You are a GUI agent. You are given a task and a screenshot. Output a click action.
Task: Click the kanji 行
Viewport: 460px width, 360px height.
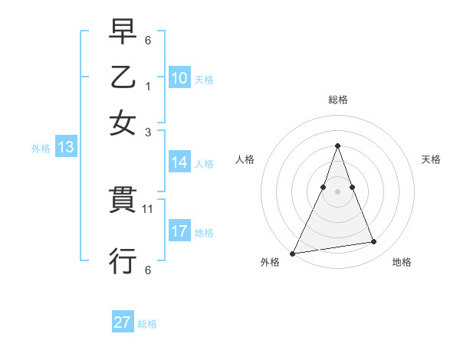click(123, 260)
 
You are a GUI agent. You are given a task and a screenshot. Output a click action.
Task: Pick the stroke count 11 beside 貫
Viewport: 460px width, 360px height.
click(148, 208)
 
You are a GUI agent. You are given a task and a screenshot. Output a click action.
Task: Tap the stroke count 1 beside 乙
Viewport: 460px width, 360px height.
click(148, 87)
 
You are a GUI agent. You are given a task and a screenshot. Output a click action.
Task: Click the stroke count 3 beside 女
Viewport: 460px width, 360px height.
click(148, 132)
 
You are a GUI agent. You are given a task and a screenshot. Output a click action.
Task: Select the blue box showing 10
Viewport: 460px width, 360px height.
click(179, 77)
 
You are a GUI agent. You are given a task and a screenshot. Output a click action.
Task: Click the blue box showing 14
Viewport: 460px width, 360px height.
click(179, 162)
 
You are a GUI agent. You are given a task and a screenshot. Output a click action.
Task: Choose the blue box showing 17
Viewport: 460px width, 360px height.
click(179, 231)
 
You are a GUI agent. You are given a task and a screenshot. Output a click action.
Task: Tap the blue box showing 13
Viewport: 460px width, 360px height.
click(65, 148)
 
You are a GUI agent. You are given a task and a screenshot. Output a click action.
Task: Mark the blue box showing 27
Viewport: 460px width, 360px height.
click(122, 322)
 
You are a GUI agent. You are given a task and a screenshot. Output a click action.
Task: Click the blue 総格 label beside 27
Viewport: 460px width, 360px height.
click(147, 324)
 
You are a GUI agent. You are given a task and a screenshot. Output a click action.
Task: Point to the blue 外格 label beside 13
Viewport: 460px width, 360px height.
click(41, 149)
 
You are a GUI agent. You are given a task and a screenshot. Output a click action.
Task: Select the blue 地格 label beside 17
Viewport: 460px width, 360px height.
click(204, 233)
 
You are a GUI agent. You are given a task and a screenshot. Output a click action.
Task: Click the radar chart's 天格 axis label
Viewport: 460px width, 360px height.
click(431, 159)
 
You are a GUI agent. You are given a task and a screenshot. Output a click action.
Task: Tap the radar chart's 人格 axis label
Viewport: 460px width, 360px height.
click(245, 159)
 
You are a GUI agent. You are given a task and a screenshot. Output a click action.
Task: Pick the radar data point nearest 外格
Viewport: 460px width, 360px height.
click(293, 254)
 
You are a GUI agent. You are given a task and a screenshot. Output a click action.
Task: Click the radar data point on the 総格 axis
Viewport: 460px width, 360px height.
click(337, 146)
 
